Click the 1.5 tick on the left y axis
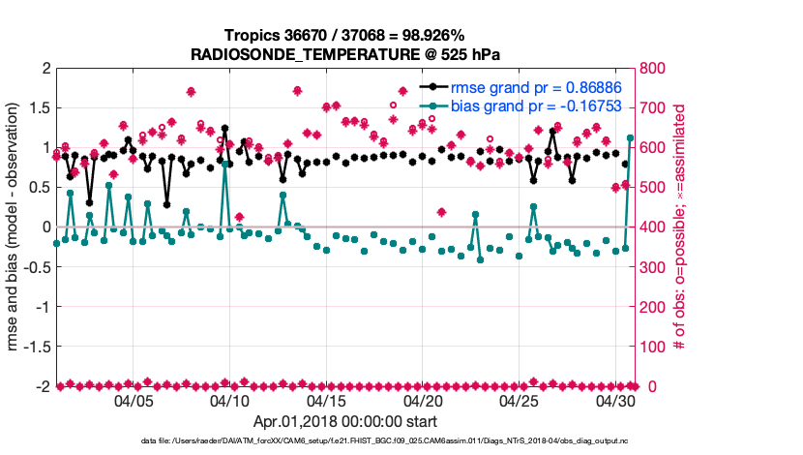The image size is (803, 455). [x=41, y=107]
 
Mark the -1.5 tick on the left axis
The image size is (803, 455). [x=37, y=346]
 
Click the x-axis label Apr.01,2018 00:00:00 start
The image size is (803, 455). [x=344, y=422]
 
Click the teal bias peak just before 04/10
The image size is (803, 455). [x=224, y=165]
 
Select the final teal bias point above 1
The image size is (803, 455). [x=631, y=137]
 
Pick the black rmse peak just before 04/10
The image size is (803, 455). [x=224, y=128]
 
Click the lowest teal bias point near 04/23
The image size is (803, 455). [x=480, y=259]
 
